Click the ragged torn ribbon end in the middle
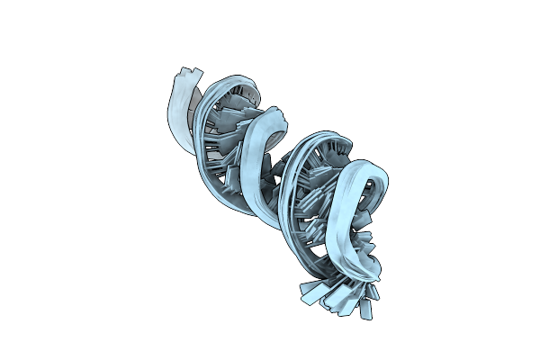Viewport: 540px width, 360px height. (x=280, y=115)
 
